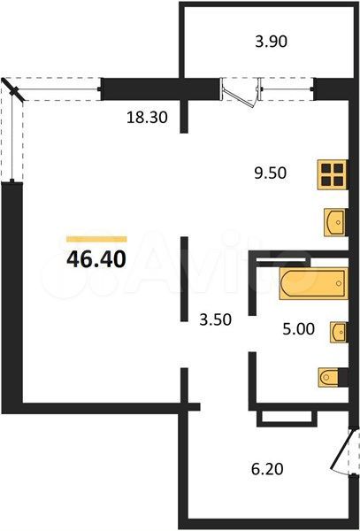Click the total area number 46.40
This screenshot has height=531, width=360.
click(x=96, y=259)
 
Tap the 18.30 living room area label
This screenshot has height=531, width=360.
click(x=147, y=118)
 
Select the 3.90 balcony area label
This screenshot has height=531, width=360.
click(x=272, y=42)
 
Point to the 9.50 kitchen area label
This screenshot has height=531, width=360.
click(x=271, y=173)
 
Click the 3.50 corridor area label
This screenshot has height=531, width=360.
click(x=216, y=319)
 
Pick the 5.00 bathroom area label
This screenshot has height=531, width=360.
click(x=299, y=329)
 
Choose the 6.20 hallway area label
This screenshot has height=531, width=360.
click(x=267, y=469)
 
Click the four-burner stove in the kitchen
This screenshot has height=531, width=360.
click(x=333, y=174)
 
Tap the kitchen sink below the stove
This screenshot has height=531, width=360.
click(x=335, y=222)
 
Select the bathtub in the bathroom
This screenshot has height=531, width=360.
click(x=314, y=284)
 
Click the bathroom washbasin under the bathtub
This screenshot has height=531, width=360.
click(x=339, y=332)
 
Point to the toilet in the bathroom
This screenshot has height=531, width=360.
click(x=329, y=377)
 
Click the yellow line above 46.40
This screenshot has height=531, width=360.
click(x=96, y=240)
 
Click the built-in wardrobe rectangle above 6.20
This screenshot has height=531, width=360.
click(x=287, y=418)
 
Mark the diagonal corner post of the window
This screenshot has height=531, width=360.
click(x=13, y=90)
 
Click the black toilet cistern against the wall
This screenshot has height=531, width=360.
click(x=343, y=377)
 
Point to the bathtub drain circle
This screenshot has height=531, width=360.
click(x=339, y=283)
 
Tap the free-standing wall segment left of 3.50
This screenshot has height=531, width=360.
click(x=184, y=279)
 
